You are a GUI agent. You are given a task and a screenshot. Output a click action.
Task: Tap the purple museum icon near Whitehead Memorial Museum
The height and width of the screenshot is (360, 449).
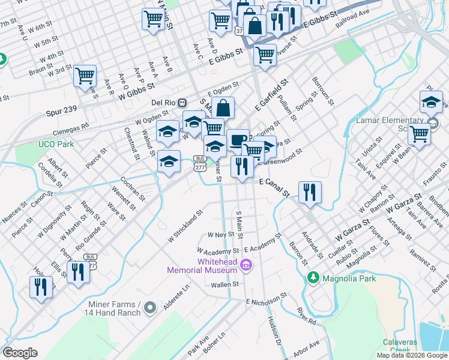pos(245,265)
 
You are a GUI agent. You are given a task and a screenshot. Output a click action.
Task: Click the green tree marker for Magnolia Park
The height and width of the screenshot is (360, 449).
pos(312,278)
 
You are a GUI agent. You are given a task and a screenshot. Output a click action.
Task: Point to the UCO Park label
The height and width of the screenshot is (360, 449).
pos(56,144)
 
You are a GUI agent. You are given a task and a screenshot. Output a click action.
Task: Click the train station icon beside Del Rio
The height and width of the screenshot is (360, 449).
pos(182,102)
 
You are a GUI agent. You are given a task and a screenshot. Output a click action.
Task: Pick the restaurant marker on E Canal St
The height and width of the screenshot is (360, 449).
pos(310,192)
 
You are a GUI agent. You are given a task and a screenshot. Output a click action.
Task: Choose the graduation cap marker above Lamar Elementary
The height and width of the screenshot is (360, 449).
pos(431,102)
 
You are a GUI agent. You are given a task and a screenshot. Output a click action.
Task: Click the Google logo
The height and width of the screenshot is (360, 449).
pos(20,353)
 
